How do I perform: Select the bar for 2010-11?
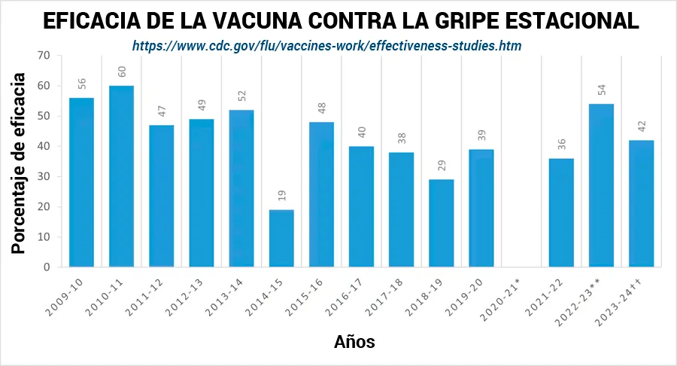point(122,176)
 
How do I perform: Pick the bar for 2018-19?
point(442,223)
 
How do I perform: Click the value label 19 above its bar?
point(281,197)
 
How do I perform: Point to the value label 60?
point(122,72)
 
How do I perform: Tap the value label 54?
point(601,90)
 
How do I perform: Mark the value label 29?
point(442,166)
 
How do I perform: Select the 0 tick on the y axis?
point(46,267)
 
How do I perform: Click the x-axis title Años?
point(354,342)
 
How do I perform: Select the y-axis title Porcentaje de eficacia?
point(20,162)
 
